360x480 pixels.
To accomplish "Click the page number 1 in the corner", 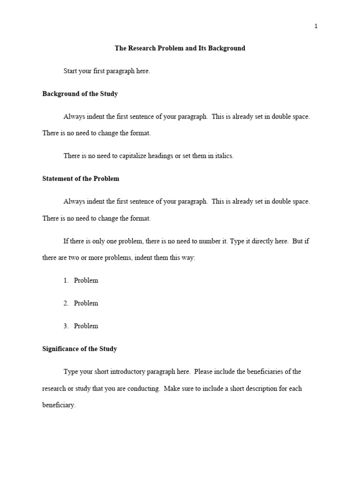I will [316, 26].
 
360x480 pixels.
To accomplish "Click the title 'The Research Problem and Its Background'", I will [180, 48].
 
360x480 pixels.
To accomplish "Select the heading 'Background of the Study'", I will [80, 94].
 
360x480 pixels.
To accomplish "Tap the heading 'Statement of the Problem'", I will [81, 179].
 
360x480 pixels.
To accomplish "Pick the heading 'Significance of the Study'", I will [80, 349].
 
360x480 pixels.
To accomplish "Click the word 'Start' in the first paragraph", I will [71, 71].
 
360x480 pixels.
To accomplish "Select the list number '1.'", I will [66, 280].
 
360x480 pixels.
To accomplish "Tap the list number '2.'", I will [66, 303].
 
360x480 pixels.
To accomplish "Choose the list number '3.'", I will [66, 326].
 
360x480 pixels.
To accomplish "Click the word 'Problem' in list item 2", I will [86, 303].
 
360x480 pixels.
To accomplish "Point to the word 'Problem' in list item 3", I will [86, 326].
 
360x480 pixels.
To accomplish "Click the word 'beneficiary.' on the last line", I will [59, 405].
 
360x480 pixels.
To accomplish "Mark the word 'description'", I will [253, 389].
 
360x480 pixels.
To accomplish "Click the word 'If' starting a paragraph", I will [66, 241].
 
